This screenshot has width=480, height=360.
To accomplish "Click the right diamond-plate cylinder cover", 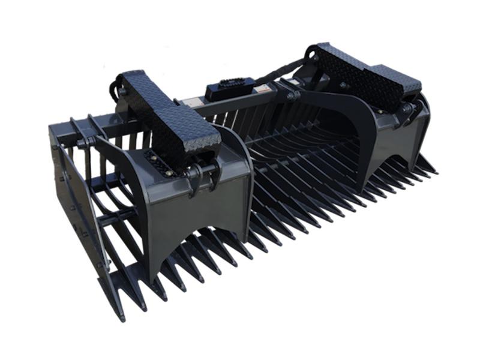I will (360, 75).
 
